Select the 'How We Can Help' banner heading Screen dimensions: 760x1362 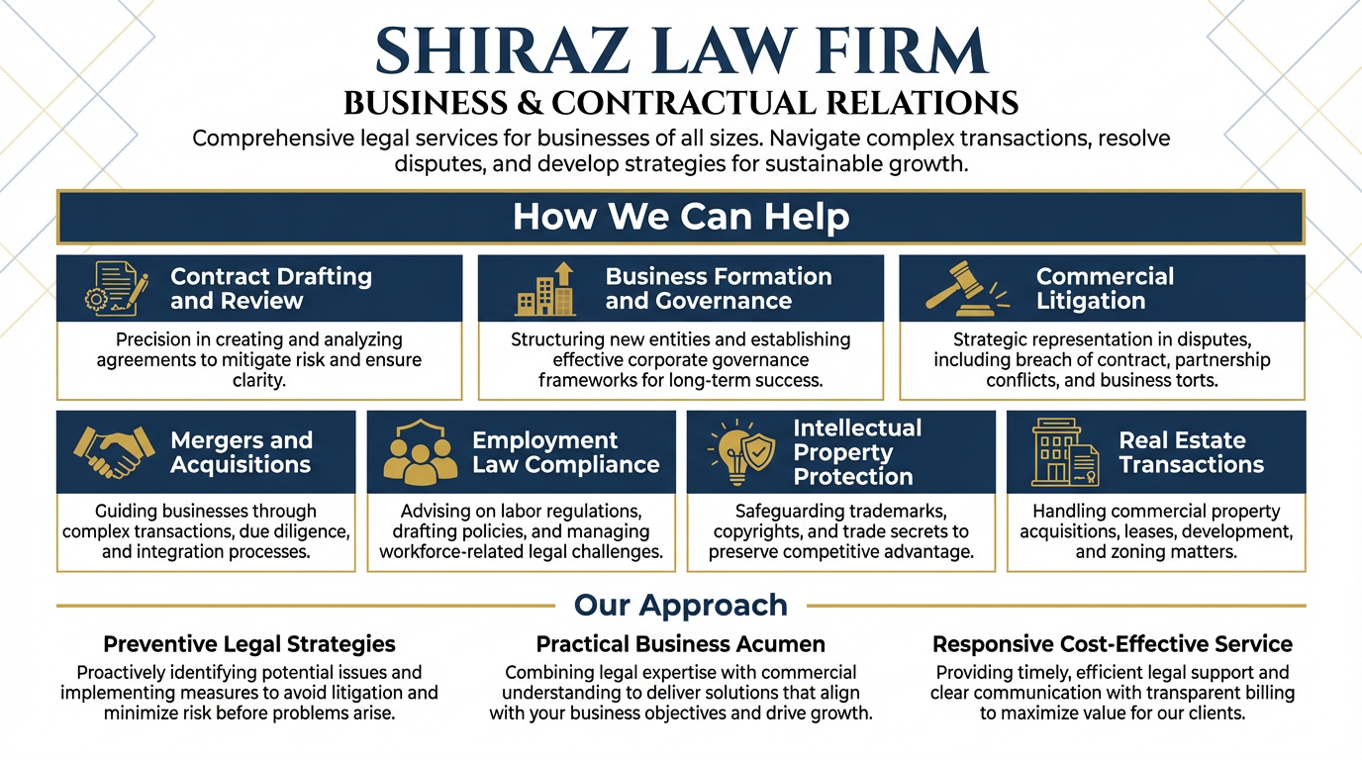(681, 217)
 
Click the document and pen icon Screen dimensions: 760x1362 (116, 288)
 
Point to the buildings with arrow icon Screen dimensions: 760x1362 (545, 289)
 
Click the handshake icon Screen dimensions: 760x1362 (114, 452)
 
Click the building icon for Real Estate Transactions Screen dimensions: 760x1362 (1064, 452)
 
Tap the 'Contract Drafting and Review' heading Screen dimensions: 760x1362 (270, 288)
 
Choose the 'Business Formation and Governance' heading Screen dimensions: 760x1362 (718, 288)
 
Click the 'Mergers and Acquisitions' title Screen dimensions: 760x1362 (241, 452)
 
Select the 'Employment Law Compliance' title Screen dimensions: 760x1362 (565, 452)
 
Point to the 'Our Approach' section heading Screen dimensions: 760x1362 (681, 605)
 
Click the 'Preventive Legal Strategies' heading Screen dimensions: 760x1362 (248, 644)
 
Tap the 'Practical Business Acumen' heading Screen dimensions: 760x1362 (680, 644)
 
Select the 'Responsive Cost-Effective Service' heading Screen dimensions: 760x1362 (1112, 644)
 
